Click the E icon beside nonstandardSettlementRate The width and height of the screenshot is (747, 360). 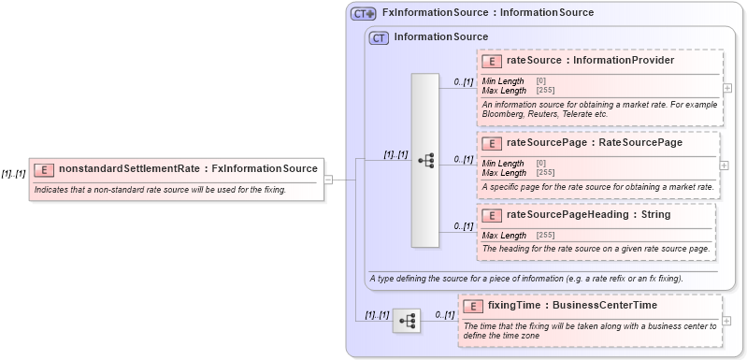(x=44, y=169)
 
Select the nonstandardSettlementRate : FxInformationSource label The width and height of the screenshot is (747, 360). (x=188, y=169)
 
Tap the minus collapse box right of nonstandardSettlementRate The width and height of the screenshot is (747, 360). (x=329, y=180)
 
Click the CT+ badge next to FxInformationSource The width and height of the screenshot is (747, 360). (x=363, y=14)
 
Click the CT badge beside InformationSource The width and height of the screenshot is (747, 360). (x=379, y=38)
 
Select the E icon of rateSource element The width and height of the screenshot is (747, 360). (x=492, y=61)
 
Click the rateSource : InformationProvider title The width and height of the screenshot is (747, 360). (x=590, y=61)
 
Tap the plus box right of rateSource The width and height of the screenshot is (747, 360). (x=727, y=87)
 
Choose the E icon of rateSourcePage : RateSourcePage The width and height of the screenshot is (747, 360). (x=492, y=143)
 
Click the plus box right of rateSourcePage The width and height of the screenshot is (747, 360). (x=724, y=165)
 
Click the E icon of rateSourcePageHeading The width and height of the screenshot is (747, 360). (x=492, y=215)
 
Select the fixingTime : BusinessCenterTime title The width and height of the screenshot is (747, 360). (x=572, y=306)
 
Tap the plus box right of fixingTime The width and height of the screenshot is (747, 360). (x=726, y=321)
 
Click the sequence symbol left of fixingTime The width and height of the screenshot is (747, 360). (x=407, y=321)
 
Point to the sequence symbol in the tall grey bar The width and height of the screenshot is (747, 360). (x=425, y=161)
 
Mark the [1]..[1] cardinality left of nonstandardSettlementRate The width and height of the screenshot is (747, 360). (x=13, y=174)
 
